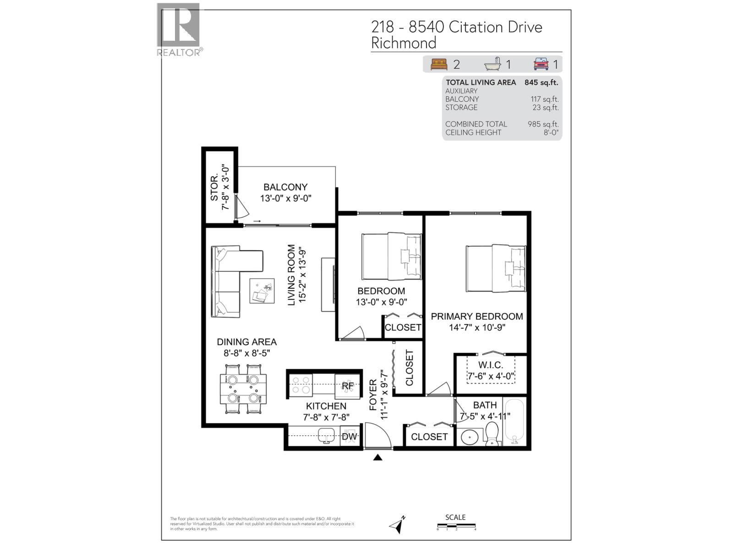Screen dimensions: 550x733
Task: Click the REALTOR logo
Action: [x=179, y=28]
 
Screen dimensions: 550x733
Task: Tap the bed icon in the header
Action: [x=438, y=64]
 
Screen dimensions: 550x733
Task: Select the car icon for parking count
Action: [x=541, y=64]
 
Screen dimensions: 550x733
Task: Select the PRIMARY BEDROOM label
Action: [x=476, y=316]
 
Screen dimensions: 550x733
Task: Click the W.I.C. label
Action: [x=491, y=365]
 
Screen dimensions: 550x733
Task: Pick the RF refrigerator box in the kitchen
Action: [x=348, y=385]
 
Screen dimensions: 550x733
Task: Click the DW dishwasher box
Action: [x=350, y=436]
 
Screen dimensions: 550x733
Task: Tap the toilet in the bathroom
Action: [x=492, y=433]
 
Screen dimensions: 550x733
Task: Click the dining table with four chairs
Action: [x=243, y=389]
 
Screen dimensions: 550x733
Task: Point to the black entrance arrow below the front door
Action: [x=377, y=457]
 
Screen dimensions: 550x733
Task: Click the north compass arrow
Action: [x=397, y=524]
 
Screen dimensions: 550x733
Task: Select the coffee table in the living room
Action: [x=262, y=291]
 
